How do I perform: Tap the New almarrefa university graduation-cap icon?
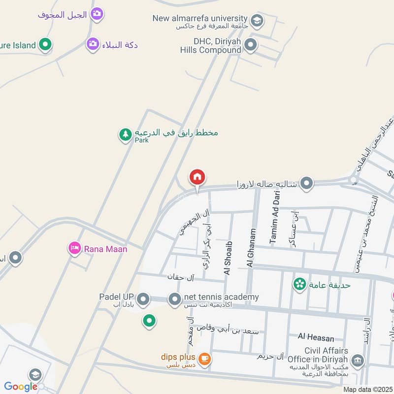[x=256, y=21]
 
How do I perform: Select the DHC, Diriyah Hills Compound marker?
[x=251, y=45]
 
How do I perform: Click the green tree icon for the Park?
[x=126, y=134]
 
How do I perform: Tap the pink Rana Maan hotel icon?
[x=74, y=248]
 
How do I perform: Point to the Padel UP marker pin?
[x=143, y=298]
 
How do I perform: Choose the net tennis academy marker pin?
[x=174, y=298]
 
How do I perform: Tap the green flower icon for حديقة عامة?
[x=299, y=284]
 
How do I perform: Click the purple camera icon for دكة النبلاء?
[x=93, y=44]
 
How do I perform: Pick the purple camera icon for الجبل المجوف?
[x=97, y=14]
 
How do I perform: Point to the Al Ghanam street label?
[x=251, y=248]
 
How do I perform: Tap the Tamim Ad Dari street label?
[x=275, y=218]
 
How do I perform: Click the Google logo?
[x=21, y=387]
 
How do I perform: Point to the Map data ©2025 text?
[x=366, y=390]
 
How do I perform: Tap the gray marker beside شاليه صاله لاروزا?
[x=307, y=183]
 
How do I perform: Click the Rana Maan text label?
[x=105, y=249]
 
